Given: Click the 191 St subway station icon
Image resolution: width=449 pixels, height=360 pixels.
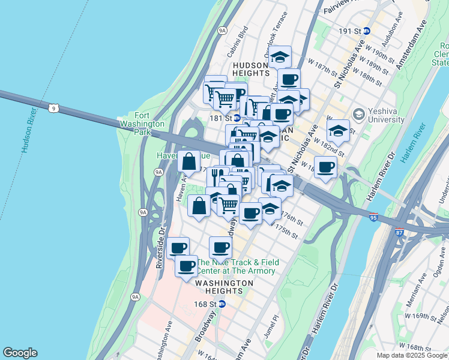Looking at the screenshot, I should click(366, 31).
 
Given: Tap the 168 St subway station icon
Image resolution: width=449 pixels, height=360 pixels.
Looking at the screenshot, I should click(222, 304).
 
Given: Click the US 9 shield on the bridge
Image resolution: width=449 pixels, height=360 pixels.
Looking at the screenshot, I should click(54, 108).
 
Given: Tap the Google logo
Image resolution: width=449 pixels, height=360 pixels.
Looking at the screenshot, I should click(20, 353).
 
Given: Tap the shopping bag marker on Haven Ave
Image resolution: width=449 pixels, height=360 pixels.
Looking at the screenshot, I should click(189, 161).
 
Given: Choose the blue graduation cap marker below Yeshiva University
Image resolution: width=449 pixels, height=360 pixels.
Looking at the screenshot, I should click(339, 131).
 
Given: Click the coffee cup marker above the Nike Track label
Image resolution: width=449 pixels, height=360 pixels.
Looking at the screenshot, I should click(221, 247).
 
